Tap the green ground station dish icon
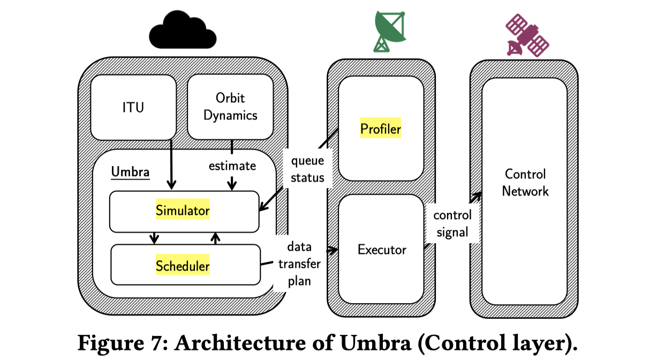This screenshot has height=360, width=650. click(389, 31)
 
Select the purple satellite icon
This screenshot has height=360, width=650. click(527, 35)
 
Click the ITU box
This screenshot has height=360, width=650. click(133, 107)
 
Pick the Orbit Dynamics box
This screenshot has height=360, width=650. click(231, 107)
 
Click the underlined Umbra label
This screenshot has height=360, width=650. click(130, 172)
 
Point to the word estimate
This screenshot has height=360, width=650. click(232, 166)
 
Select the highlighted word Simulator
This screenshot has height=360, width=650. click(183, 211)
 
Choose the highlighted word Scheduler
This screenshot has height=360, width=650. click(183, 266)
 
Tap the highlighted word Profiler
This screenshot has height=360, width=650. click(381, 129)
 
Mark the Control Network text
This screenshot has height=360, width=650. click(525, 183)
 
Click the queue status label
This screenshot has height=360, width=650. click(307, 169)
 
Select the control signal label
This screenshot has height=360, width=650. click(452, 223)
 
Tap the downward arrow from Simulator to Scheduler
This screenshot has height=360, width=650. click(155, 238)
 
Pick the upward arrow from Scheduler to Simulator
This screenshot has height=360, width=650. click(215, 238)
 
